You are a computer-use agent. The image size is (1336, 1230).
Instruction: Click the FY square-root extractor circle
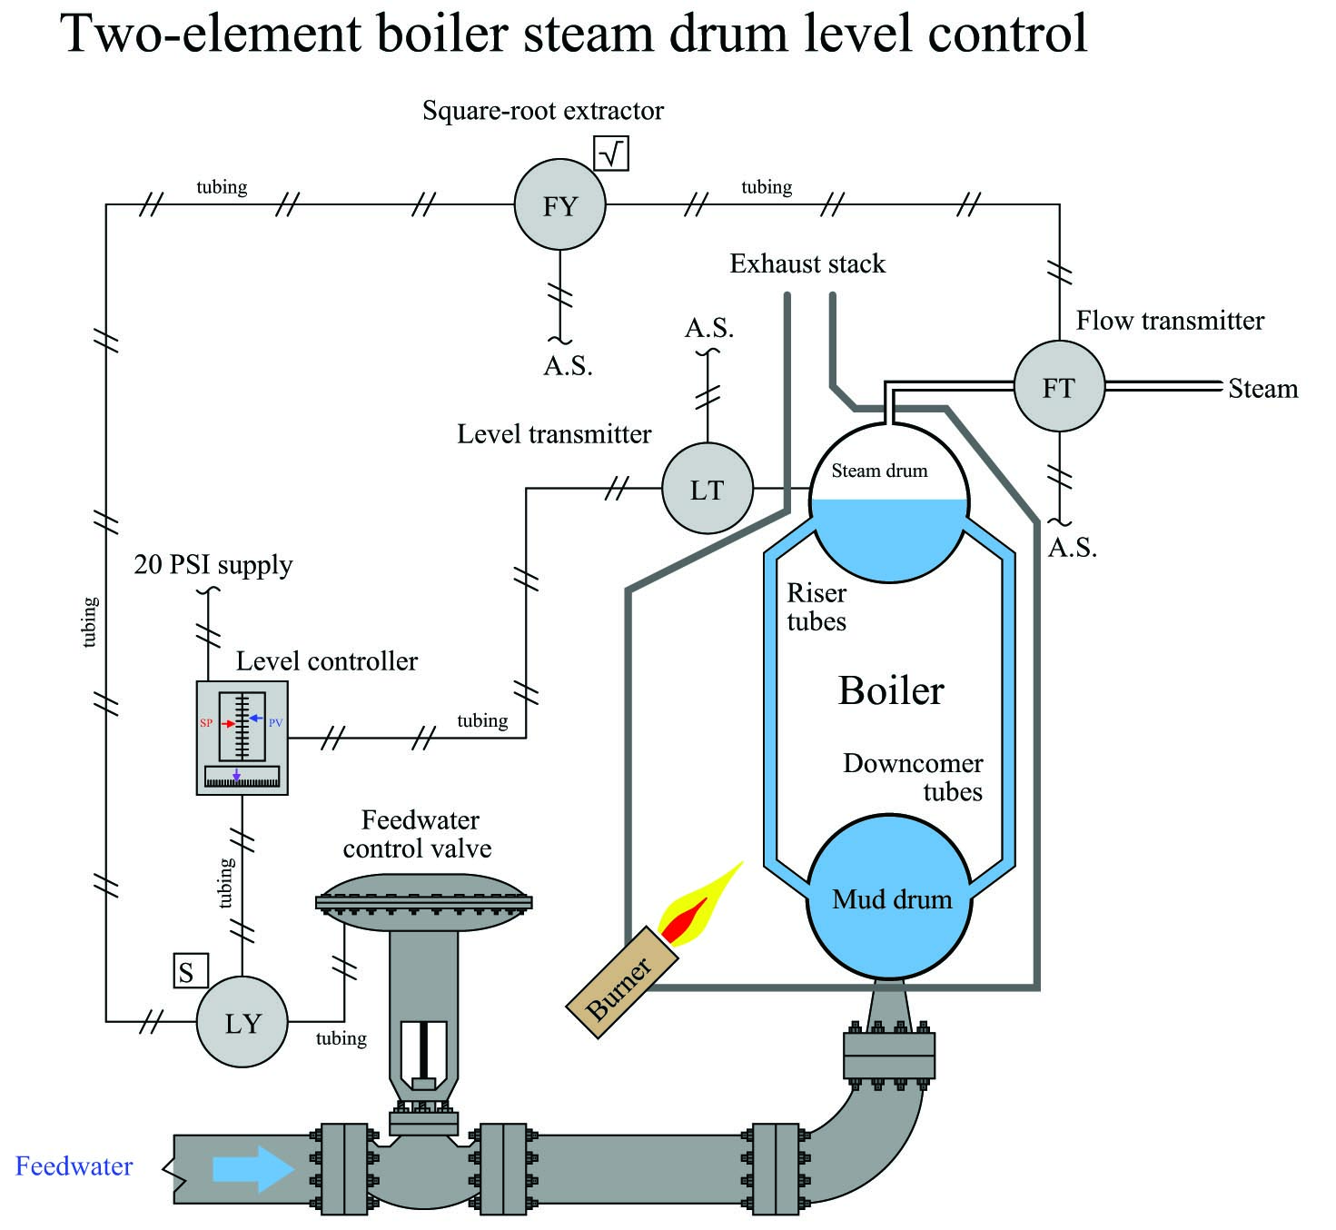click(x=559, y=204)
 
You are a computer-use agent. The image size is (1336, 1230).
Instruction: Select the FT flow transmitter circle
click(x=1059, y=386)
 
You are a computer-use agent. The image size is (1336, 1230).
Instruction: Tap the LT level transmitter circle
click(x=708, y=489)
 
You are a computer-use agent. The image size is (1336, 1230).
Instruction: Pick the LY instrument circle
click(x=242, y=1021)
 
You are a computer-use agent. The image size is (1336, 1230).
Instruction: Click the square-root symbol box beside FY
click(x=610, y=154)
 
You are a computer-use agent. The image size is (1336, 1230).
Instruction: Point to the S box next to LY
click(x=191, y=970)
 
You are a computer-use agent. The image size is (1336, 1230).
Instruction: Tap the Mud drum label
click(x=892, y=899)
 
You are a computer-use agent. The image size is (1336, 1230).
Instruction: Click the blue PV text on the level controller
click(x=276, y=722)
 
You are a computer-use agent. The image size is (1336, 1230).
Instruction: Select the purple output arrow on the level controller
click(x=236, y=774)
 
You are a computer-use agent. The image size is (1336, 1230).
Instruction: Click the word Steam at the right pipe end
click(x=1262, y=389)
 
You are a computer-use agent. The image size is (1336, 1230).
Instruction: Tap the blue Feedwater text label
click(x=74, y=1166)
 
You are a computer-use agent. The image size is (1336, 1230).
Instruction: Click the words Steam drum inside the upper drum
click(x=879, y=471)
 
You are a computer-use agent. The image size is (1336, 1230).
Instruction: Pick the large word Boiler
click(x=891, y=690)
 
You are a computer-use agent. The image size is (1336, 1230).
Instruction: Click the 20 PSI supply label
click(x=213, y=565)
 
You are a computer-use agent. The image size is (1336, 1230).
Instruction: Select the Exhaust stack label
click(x=807, y=263)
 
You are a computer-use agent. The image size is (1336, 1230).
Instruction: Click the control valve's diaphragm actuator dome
click(x=423, y=902)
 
